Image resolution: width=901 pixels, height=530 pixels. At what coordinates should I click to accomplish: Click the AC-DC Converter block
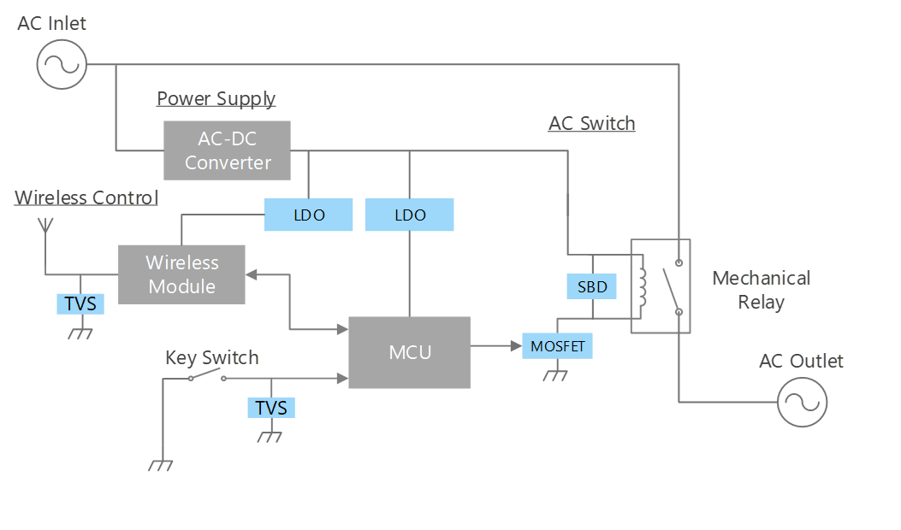tap(227, 150)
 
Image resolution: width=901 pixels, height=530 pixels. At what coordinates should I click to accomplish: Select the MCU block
tap(410, 352)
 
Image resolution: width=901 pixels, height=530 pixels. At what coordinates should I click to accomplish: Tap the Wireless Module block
tap(181, 274)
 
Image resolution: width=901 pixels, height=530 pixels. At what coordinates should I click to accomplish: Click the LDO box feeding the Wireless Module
tap(309, 215)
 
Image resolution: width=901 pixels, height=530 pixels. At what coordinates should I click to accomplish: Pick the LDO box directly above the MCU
tap(410, 215)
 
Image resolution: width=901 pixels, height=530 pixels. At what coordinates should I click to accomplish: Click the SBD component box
tap(592, 287)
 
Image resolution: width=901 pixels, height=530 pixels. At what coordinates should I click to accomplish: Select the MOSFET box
tap(558, 347)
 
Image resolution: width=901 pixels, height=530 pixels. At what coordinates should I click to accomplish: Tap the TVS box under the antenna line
tap(80, 303)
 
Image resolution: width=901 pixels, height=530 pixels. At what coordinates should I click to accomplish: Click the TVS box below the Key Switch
tap(271, 409)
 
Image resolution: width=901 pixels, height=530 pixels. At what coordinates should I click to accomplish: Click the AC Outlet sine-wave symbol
tap(803, 402)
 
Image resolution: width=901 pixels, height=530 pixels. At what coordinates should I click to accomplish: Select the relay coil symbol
tap(643, 286)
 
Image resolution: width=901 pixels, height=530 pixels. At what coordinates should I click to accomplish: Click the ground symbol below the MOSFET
tap(556, 374)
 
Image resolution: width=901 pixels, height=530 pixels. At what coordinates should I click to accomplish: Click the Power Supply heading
tap(216, 99)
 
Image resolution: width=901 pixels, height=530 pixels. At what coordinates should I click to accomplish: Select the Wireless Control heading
tap(86, 198)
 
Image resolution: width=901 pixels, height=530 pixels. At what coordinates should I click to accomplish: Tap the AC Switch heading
tap(592, 124)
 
